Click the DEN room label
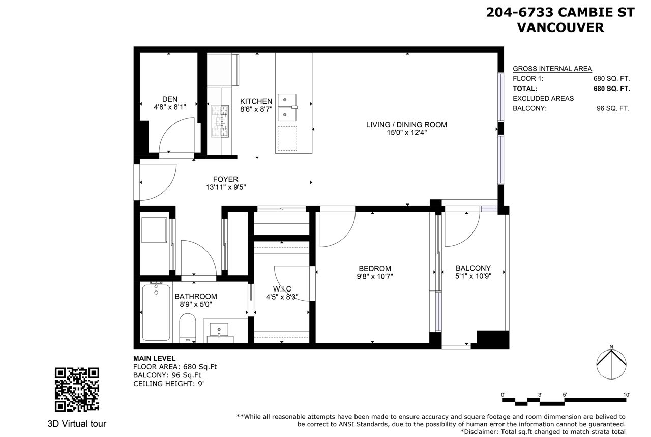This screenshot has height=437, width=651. click(x=170, y=99)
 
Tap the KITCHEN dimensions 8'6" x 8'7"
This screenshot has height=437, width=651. click(x=256, y=109)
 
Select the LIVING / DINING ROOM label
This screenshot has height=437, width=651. click(x=406, y=125)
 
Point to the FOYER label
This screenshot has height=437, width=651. click(x=225, y=179)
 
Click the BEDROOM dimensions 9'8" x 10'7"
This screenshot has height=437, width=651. click(x=375, y=276)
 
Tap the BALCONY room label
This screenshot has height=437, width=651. click(x=473, y=268)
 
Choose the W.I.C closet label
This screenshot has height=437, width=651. click(x=282, y=289)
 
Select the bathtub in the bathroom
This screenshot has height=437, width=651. click(x=156, y=312)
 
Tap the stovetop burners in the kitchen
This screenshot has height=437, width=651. click(x=220, y=121)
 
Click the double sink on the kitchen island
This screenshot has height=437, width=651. click(x=287, y=107)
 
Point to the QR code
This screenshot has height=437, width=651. click(x=77, y=390)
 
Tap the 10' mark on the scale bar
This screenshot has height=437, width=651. click(x=627, y=395)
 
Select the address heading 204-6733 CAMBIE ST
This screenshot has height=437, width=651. click(x=560, y=13)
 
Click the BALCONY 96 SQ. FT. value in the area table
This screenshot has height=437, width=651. click(x=613, y=108)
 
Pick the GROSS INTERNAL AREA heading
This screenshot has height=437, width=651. click(x=552, y=69)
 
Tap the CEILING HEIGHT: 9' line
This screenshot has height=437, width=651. click(x=168, y=384)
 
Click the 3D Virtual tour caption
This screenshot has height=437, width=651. click(x=77, y=424)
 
